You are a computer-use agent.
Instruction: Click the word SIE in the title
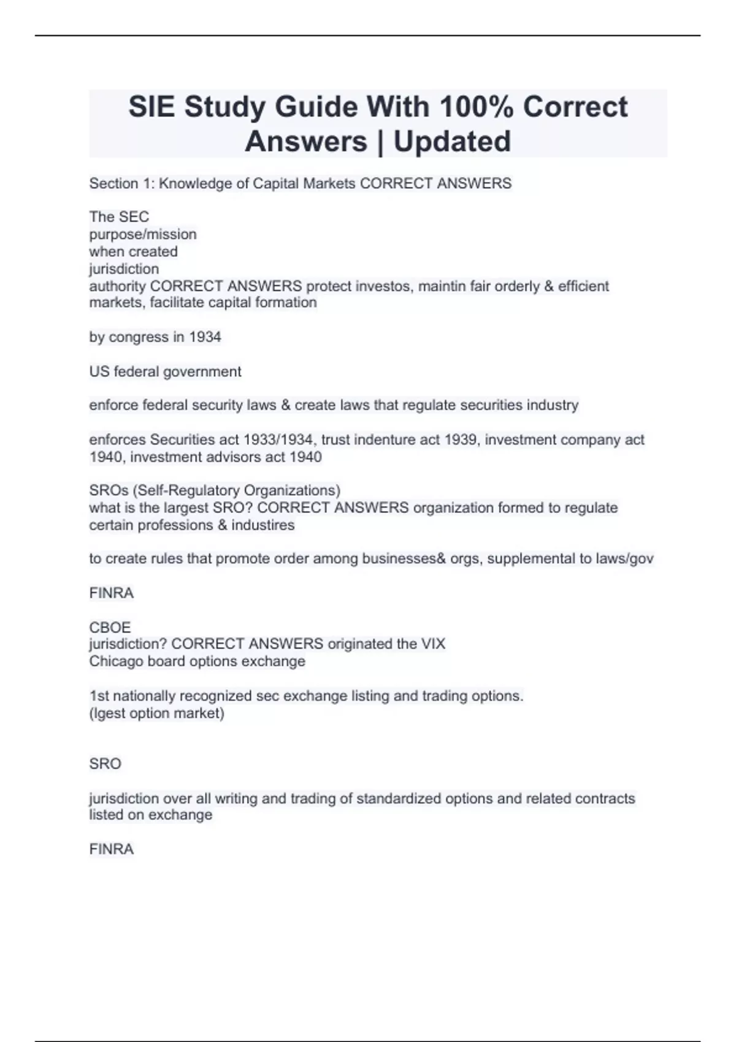[151, 107]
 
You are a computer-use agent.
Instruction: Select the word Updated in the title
[452, 141]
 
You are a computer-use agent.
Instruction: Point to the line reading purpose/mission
[143, 234]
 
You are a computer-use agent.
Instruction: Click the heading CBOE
[110, 627]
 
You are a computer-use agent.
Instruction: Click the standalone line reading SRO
[105, 764]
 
